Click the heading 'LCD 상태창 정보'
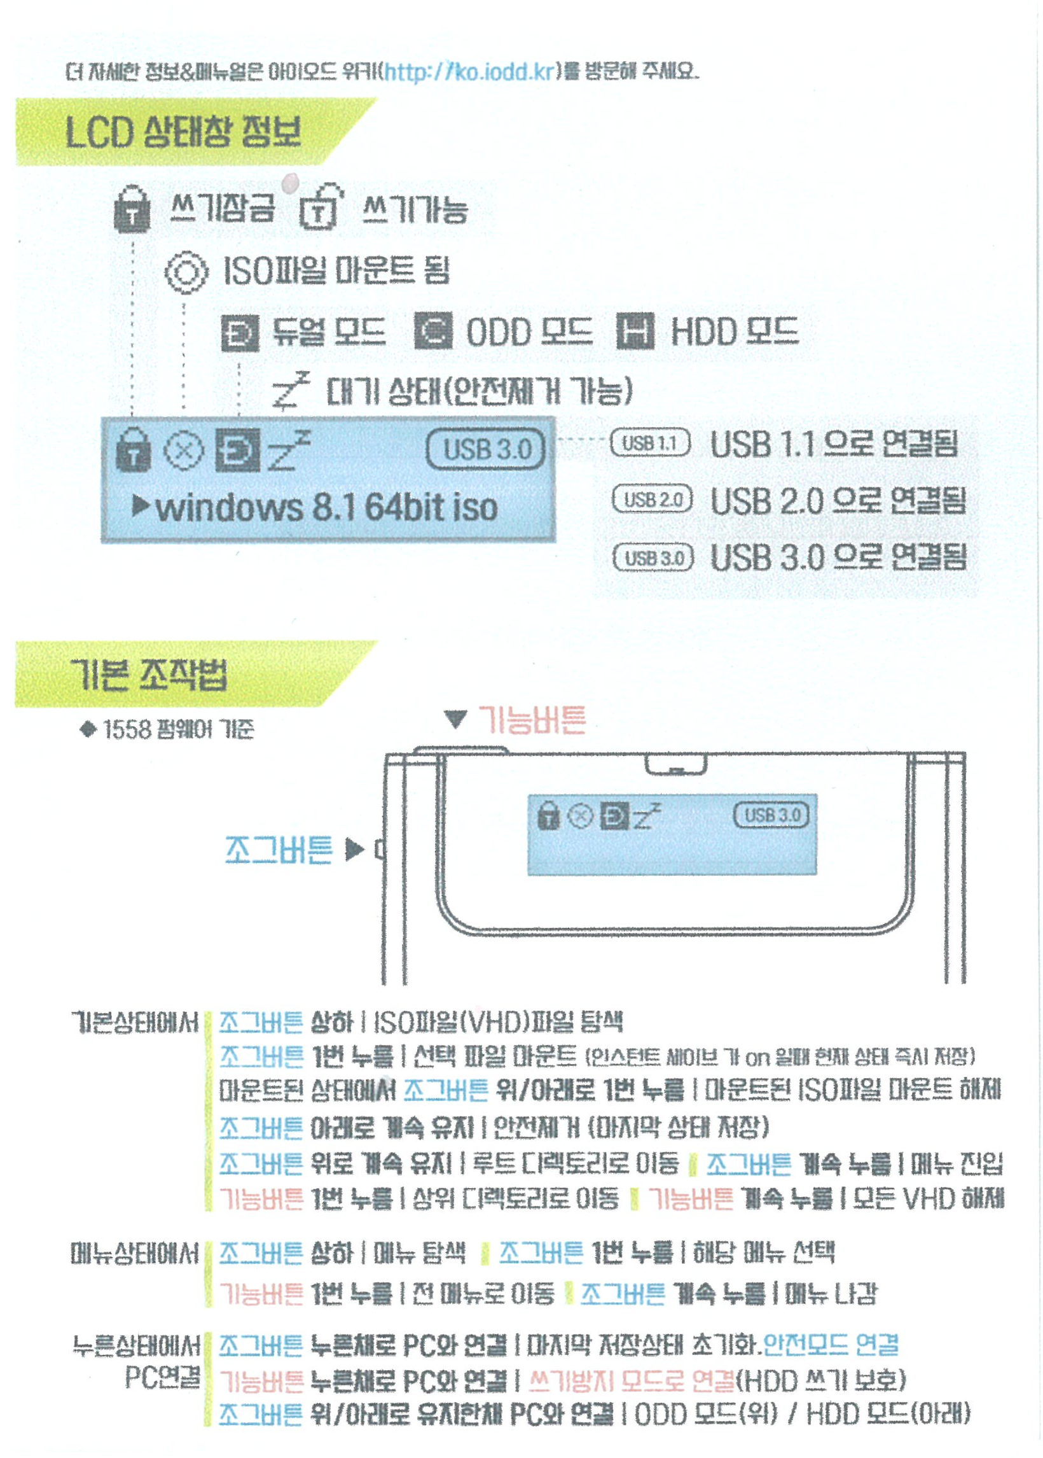(183, 132)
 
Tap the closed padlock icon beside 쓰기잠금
(132, 209)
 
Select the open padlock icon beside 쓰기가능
(320, 207)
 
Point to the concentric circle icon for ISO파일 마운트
(186, 271)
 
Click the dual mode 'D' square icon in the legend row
(240, 333)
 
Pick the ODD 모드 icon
(433, 332)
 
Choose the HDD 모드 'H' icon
(635, 332)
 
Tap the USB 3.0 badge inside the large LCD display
(485, 449)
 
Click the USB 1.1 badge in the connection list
(650, 444)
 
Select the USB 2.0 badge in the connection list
(652, 500)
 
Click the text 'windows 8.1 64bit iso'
(326, 508)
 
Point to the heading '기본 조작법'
(149, 675)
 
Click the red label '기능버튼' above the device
(532, 719)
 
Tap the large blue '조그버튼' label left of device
(278, 850)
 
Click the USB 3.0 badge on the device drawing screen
(771, 815)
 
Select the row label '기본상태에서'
(135, 1021)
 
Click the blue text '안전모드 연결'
(831, 1343)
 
